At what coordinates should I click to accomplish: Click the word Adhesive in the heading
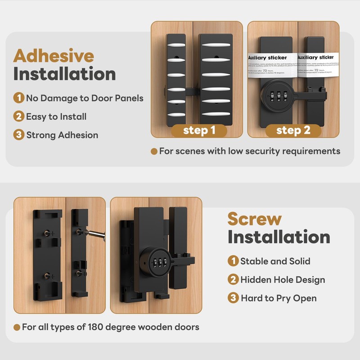point(54,56)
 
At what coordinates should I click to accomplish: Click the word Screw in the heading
point(254,219)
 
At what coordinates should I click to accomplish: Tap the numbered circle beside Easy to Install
point(18,117)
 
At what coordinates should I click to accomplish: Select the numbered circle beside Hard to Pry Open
point(233,298)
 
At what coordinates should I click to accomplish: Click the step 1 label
point(199,130)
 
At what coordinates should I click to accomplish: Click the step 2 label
point(293,130)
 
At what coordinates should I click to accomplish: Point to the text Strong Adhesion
point(62,135)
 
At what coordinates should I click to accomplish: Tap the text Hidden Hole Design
point(283,280)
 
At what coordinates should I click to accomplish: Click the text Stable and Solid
point(275,261)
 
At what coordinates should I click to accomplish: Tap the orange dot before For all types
point(17,327)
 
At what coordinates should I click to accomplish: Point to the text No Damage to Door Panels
point(85,98)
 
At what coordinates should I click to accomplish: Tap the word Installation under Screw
point(279,237)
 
